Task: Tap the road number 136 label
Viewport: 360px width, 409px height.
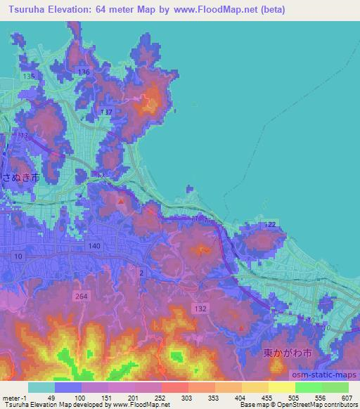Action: coord(84,72)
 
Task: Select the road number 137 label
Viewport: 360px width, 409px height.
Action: coord(106,112)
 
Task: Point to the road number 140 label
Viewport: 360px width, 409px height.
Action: coord(95,246)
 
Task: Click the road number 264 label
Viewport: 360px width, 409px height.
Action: coord(82,297)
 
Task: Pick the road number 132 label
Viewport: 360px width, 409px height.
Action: coord(201,309)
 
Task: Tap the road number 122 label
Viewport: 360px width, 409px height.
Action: coord(270,224)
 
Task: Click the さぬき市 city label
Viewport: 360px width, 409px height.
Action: coord(20,178)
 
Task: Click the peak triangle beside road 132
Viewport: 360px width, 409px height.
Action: coord(241,327)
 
